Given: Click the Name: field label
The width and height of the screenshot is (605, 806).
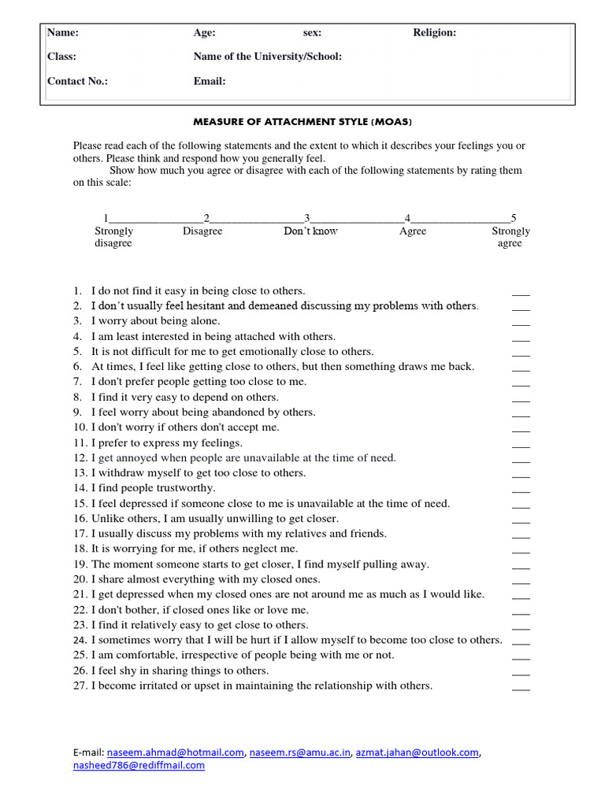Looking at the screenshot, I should point(63,32).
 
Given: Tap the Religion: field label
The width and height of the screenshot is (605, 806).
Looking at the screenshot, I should point(434,32).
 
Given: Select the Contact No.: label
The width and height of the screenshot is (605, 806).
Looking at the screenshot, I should point(77,81).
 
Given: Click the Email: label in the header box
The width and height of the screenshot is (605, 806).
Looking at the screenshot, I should point(210,81).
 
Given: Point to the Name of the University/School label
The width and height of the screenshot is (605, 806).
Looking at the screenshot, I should point(267,57).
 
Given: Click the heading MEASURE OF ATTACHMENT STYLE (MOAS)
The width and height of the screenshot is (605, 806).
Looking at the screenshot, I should point(302,122).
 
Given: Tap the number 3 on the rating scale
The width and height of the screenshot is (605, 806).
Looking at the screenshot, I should point(307,218).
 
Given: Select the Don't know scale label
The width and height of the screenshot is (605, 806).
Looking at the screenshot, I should point(310,231).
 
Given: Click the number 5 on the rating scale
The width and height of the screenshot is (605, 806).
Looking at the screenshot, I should point(514,218).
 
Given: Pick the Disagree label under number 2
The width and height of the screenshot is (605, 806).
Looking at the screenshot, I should point(202,231).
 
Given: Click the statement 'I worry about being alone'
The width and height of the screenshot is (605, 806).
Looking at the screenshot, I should point(155,321).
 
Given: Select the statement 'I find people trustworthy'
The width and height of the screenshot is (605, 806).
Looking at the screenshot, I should point(156,488).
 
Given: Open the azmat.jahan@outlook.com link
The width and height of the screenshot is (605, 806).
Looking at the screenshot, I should point(417,752).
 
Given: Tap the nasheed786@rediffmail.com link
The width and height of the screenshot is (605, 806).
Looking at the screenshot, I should point(139,765).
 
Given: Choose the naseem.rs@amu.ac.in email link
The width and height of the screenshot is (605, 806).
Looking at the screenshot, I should point(300,752).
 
